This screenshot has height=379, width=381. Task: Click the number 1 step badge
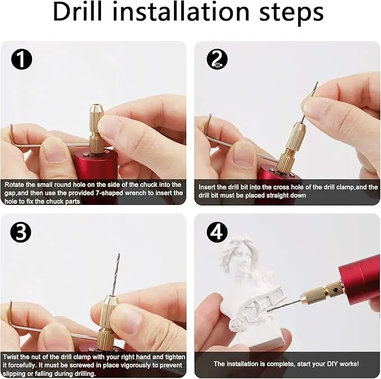click(x=22, y=59)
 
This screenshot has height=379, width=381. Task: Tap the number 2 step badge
click(x=217, y=59)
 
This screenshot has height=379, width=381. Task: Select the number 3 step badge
click(x=21, y=232)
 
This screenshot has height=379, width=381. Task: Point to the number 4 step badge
click(x=217, y=232)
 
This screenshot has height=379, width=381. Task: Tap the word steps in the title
click(x=291, y=13)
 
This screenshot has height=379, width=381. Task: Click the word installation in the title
click(x=182, y=12)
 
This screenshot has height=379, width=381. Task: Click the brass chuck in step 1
click(x=97, y=129)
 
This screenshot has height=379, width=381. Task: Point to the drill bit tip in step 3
click(x=119, y=254)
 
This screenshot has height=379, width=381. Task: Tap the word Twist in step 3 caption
click(x=11, y=357)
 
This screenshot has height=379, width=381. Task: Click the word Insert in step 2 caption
click(x=207, y=187)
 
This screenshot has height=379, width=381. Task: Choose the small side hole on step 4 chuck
click(x=336, y=290)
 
